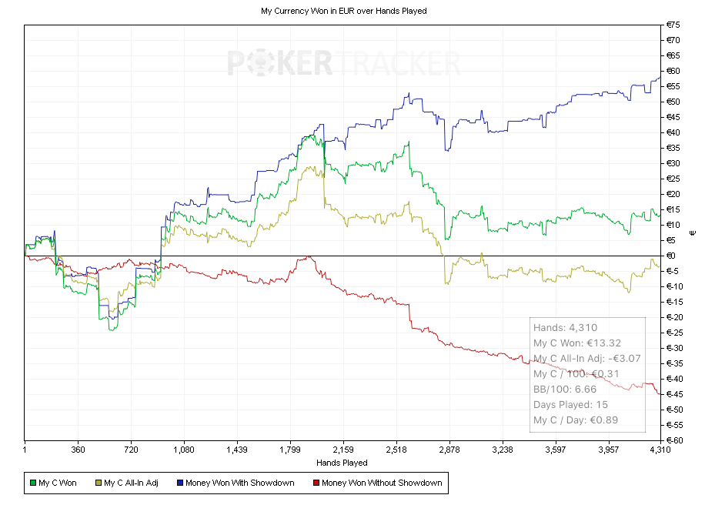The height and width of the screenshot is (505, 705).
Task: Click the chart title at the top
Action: (x=343, y=11)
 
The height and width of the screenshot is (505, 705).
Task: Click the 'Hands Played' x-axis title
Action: (x=342, y=463)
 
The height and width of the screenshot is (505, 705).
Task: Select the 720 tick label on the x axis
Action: (x=131, y=448)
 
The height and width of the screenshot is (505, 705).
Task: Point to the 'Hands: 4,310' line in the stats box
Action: (x=565, y=327)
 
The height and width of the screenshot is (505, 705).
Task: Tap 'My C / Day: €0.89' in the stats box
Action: (x=577, y=420)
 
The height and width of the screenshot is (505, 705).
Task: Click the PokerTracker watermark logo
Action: (x=343, y=63)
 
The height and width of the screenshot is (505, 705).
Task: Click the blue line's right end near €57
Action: (x=659, y=78)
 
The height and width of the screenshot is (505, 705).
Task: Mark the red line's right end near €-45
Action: (x=658, y=393)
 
